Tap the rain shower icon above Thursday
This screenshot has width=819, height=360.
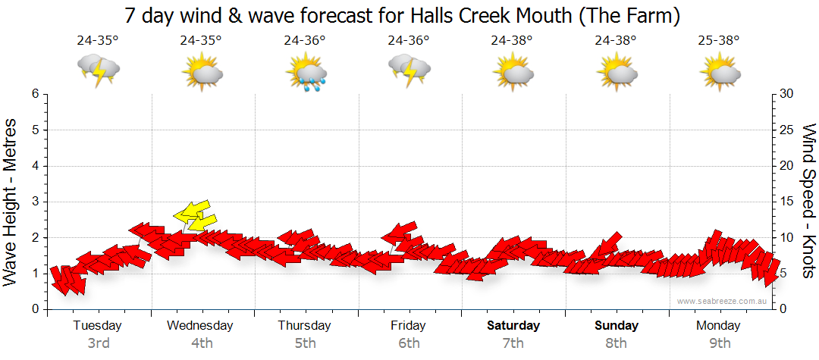tap(306, 70)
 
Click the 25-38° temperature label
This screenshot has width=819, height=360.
tap(719, 41)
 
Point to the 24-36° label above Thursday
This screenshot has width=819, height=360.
tap(305, 41)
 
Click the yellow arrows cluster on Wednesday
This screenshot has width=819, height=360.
tap(194, 216)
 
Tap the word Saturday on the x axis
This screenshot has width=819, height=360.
tap(513, 326)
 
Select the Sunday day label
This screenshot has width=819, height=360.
tap(616, 326)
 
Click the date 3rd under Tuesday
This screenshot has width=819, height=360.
tap(98, 343)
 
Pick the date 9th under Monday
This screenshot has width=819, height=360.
tap(719, 343)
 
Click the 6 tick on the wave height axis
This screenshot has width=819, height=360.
tap(35, 94)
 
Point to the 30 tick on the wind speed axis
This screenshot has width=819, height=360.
tap(787, 94)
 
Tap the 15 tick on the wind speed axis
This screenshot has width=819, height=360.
tap(787, 202)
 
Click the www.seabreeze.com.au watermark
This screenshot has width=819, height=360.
tap(723, 301)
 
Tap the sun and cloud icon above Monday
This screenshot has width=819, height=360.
tap(720, 70)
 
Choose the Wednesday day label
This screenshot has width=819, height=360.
tap(200, 326)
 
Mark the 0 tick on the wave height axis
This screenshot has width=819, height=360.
tap(35, 309)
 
